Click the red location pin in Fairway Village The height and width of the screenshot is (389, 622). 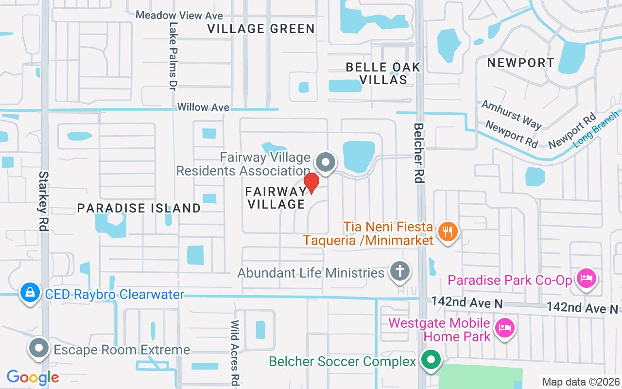coord(311,183)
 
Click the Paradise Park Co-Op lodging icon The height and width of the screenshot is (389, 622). coord(587,279)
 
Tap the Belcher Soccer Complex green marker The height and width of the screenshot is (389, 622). coord(430,360)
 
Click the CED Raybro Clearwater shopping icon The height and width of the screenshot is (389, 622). coord(30,293)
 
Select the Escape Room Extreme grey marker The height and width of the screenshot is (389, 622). coord(39,348)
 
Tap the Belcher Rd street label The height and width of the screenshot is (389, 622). coord(418,153)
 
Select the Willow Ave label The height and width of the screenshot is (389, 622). coord(203,107)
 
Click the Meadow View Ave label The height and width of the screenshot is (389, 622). coord(179,15)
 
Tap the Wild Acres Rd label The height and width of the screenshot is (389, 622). coord(235,351)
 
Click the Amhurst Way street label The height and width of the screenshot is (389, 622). coord(511,114)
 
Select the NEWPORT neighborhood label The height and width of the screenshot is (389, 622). coord(520,63)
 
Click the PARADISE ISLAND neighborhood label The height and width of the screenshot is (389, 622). coord(139,208)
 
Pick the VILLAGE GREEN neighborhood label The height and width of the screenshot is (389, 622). coord(261,29)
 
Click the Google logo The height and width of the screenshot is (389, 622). coord(33,377)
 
